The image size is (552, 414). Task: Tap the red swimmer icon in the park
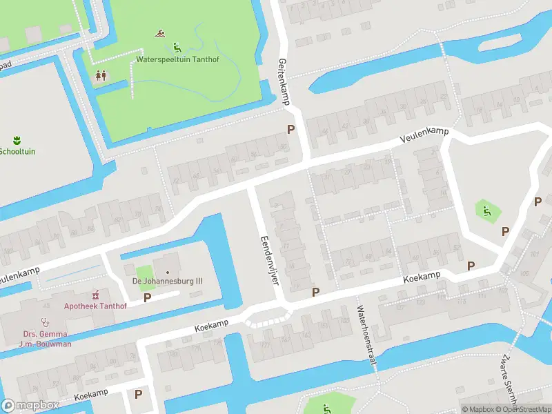(160, 34)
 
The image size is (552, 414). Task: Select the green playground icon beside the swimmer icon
(177, 47)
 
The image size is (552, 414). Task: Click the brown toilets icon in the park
(101, 75)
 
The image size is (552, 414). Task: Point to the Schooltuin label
(17, 151)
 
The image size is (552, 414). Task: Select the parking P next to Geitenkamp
(290, 129)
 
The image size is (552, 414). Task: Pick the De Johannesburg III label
(167, 281)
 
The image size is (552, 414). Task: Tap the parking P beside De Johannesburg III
(147, 297)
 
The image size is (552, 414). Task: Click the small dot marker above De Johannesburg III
(166, 272)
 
